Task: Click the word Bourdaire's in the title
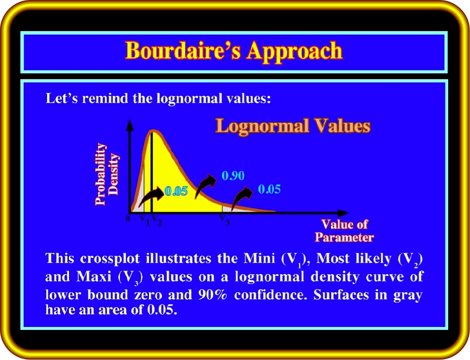point(183,51)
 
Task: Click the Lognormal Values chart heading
point(293,125)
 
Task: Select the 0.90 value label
point(233,175)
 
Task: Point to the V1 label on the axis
point(145,220)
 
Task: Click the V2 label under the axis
point(157,220)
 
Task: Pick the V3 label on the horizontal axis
point(225,220)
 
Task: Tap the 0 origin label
point(128,219)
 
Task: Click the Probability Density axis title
point(107,174)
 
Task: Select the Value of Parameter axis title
point(344,231)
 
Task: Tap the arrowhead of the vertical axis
point(130,125)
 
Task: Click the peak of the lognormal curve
point(153,131)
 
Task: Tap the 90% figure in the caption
point(212,295)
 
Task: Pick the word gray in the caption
point(408,296)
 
